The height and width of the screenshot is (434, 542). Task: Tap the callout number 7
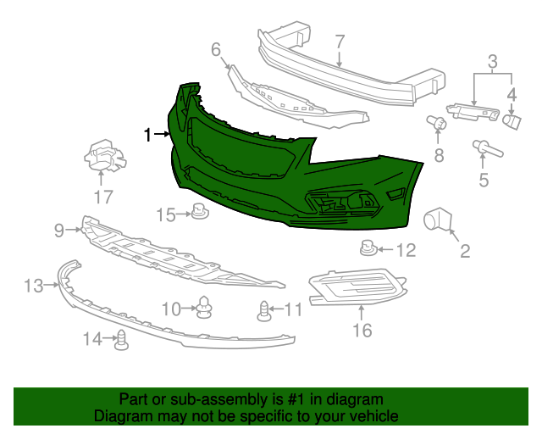(x=340, y=42)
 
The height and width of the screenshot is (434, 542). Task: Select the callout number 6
(x=215, y=48)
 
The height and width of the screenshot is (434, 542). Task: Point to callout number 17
(x=102, y=198)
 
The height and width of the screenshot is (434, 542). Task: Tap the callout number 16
(x=362, y=330)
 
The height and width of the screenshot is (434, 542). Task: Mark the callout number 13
(x=32, y=286)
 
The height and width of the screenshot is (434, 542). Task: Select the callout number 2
(x=465, y=250)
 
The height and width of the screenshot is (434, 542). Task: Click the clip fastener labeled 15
(x=200, y=212)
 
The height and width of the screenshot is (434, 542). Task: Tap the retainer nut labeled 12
(x=368, y=249)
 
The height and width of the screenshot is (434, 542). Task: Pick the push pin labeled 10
(x=204, y=308)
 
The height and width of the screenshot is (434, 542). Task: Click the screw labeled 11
(x=265, y=310)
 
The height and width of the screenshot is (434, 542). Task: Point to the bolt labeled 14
(x=121, y=340)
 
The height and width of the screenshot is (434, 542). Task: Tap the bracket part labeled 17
(x=102, y=157)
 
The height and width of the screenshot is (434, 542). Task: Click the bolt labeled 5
(x=487, y=150)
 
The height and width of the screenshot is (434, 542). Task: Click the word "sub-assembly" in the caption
(x=202, y=399)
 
